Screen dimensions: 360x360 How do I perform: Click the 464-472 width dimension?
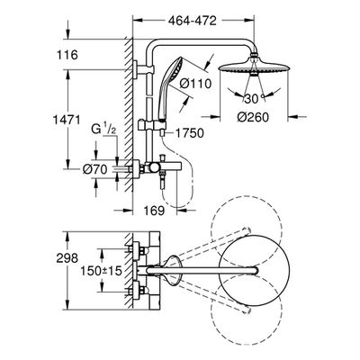pos(193,21)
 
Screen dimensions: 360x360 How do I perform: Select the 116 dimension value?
pos(67,55)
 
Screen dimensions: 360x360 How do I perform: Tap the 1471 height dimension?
pos(67,120)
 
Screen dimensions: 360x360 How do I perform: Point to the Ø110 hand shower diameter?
pos(195,84)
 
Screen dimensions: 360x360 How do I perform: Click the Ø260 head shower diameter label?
pos(253,117)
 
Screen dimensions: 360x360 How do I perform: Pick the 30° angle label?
pos(254,98)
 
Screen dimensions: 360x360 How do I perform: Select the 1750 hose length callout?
pos(189,133)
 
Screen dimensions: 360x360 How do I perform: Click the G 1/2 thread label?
pos(103,130)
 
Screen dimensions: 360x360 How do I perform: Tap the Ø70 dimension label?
pos(94,170)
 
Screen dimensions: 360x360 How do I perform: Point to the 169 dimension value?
pos(155,211)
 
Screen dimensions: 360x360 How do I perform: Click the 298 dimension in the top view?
pos(67,258)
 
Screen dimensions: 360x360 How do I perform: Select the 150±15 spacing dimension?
pos(101,271)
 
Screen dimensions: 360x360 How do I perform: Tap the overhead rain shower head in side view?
pos(255,65)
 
